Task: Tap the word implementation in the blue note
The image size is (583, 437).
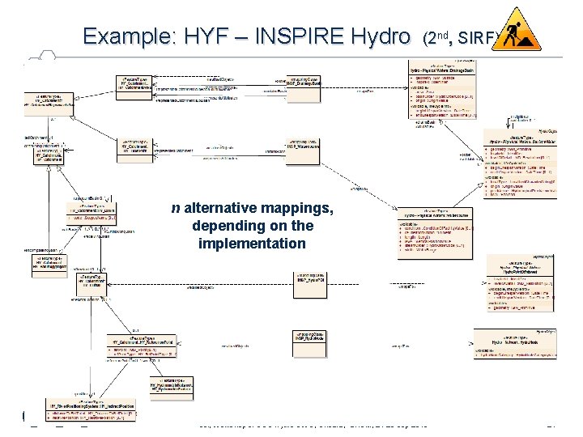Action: click(x=251, y=243)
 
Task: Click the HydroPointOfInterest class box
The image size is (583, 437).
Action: click(x=519, y=282)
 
